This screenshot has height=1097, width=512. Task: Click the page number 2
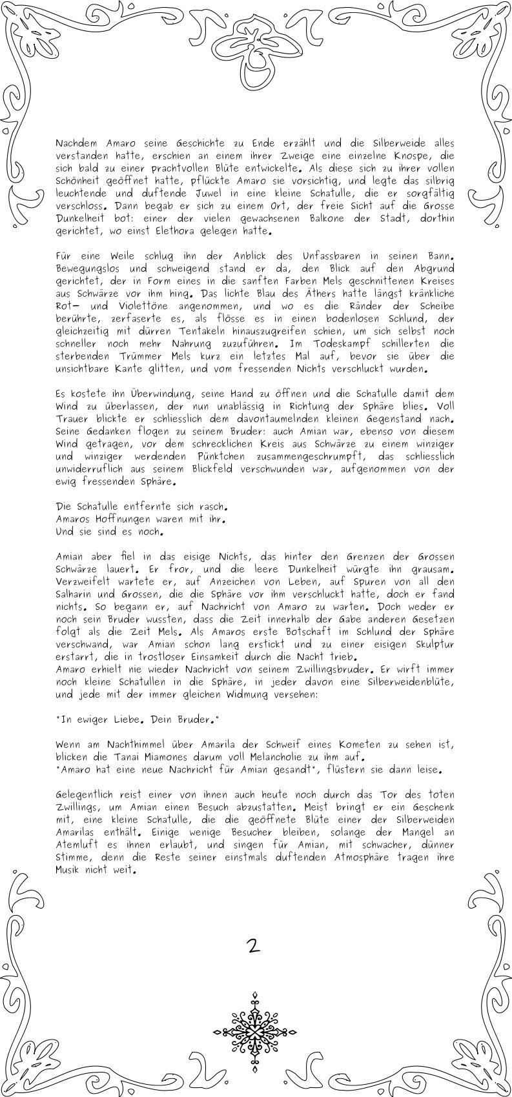pos(253,946)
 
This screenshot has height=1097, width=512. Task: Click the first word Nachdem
pos(76,143)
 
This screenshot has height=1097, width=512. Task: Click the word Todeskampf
pos(338,344)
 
